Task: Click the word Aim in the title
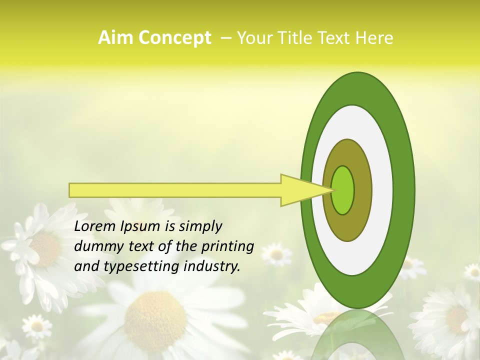coord(116,38)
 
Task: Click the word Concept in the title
coord(174,38)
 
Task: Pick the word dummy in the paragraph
coord(95,246)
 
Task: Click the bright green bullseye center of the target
coord(343,190)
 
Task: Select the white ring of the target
coord(382,190)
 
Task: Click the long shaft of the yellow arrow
coord(175,190)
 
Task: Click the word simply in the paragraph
coord(199,227)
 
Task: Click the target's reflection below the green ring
coord(358,335)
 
